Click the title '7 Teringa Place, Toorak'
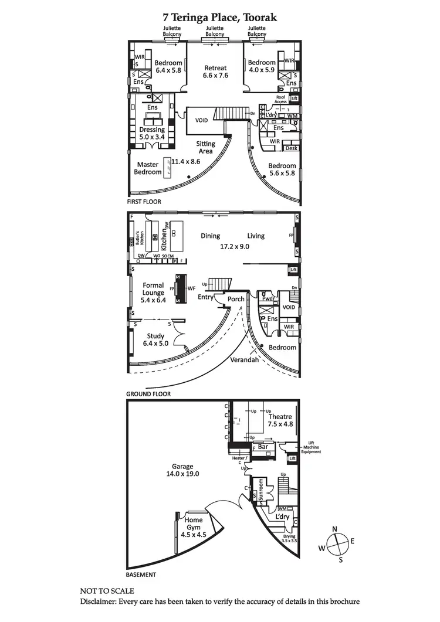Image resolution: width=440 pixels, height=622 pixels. (x=220, y=18)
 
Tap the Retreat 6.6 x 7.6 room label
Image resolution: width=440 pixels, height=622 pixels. (x=215, y=72)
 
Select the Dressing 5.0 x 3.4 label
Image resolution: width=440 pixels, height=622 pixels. (x=152, y=134)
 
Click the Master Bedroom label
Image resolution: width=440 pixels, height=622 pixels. (x=148, y=168)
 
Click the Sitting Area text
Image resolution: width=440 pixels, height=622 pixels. (x=205, y=147)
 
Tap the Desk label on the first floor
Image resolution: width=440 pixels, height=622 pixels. (x=292, y=148)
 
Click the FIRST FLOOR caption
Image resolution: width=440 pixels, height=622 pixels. (x=144, y=202)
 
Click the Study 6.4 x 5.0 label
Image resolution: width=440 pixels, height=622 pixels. (x=155, y=340)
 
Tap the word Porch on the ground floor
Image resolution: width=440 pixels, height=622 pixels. (x=236, y=299)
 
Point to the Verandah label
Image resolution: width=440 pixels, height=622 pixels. (x=244, y=360)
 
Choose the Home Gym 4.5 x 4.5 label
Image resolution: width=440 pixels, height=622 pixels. (x=194, y=524)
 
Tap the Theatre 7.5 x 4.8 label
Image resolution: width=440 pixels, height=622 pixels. (x=280, y=421)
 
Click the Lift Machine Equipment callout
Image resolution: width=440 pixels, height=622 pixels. (x=310, y=447)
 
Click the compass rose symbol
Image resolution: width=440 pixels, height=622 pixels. (x=335, y=543)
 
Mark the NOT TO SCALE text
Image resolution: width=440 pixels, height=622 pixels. (x=107, y=591)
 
